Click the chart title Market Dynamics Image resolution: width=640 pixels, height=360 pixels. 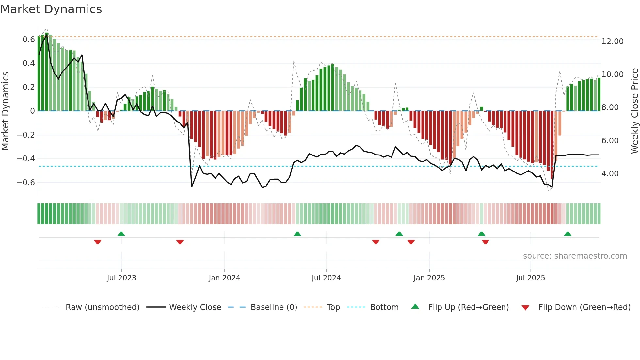pyautogui.click(x=51, y=9)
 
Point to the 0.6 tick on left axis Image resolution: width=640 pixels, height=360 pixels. pyautogui.click(x=29, y=40)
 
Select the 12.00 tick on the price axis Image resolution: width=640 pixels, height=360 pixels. pyautogui.click(x=613, y=41)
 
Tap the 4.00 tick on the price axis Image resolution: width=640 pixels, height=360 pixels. pyautogui.click(x=610, y=174)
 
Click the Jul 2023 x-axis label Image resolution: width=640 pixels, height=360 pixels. pyautogui.click(x=121, y=278)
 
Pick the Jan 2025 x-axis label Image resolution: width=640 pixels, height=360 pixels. pyautogui.click(x=429, y=278)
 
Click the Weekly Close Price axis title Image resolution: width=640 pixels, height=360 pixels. pyautogui.click(x=634, y=111)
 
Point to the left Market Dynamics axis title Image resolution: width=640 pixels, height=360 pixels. pyautogui.click(x=6, y=111)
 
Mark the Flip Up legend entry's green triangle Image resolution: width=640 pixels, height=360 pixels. pyautogui.click(x=415, y=306)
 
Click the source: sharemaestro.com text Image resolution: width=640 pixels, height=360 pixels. pyautogui.click(x=575, y=256)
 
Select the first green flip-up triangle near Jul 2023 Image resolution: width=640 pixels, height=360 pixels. pyautogui.click(x=121, y=234)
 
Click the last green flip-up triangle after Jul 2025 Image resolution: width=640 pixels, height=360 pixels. pyautogui.click(x=568, y=234)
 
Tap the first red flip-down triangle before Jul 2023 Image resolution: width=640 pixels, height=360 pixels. pyautogui.click(x=98, y=242)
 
